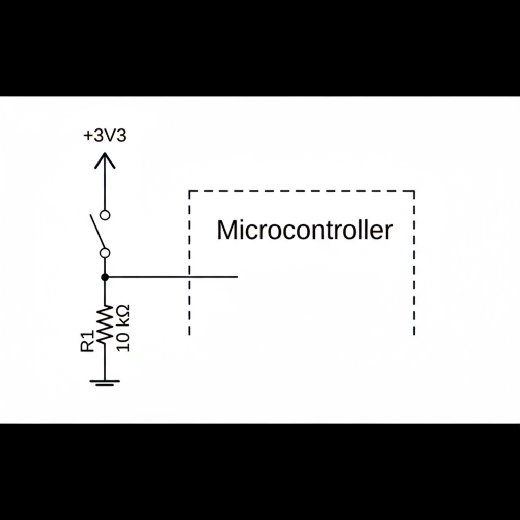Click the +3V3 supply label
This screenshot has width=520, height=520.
tap(105, 136)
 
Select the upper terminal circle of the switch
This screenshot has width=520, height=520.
tap(105, 215)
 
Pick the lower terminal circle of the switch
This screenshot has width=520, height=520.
tap(105, 252)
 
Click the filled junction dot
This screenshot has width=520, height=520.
tap(105, 277)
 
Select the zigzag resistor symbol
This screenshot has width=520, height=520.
tap(105, 325)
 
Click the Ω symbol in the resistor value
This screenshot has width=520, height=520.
tap(123, 311)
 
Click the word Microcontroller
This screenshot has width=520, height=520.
tap(305, 230)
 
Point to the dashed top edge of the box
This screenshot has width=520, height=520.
tap(302, 191)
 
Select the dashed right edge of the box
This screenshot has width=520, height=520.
tap(414, 264)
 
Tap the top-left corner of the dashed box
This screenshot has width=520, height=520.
tap(190, 191)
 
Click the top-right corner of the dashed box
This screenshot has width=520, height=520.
tap(414, 191)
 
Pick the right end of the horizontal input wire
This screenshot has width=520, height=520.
tap(237, 277)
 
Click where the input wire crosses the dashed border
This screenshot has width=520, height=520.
tap(190, 277)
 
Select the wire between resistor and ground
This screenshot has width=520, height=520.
tap(105, 363)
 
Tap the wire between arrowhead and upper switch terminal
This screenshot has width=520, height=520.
tap(105, 188)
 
